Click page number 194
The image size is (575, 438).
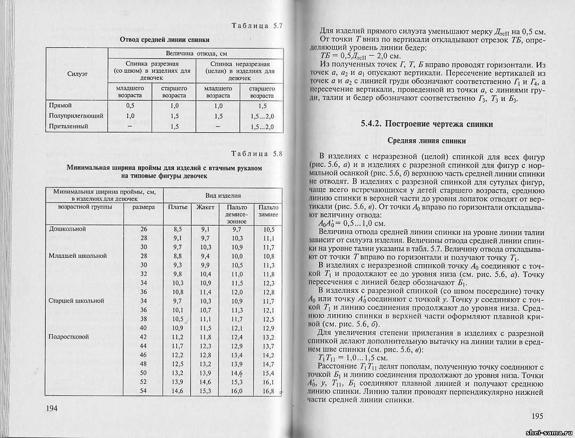52,408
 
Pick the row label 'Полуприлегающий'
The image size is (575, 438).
76,116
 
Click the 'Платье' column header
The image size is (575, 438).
178,207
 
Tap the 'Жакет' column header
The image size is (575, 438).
205,207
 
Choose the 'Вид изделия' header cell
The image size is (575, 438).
223,195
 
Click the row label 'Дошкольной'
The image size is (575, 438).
68,229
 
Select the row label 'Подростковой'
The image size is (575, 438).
69,337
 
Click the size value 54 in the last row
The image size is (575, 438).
143,391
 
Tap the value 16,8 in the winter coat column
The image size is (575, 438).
268,392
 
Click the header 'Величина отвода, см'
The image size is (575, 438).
196,54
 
